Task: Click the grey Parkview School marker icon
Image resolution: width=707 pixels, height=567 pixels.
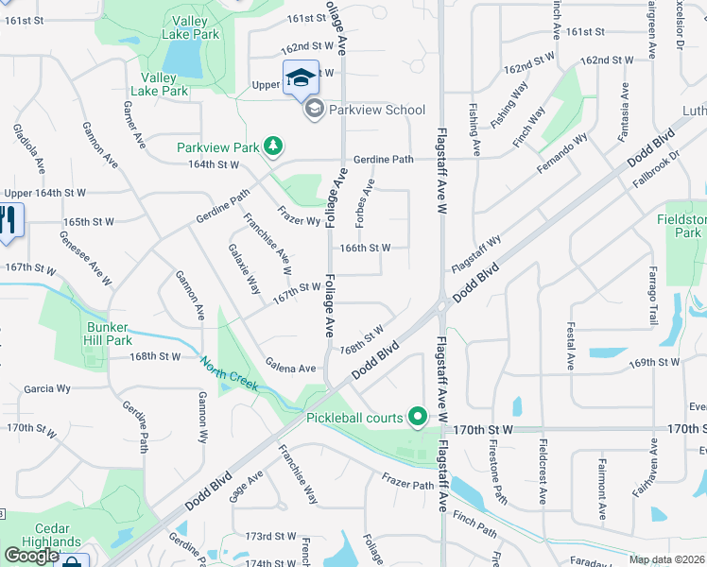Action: click(314, 111)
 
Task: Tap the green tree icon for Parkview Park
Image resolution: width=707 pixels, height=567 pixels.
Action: click(273, 146)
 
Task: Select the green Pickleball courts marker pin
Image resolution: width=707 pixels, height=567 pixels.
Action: click(416, 416)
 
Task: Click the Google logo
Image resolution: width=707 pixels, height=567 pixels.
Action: click(31, 555)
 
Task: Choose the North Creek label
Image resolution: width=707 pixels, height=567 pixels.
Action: click(230, 370)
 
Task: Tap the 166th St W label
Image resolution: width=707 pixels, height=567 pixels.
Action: click(365, 248)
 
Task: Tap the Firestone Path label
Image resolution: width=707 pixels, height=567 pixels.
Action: click(496, 475)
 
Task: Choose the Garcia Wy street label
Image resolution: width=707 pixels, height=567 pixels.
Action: click(47, 388)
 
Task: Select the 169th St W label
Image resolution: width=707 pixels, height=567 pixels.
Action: click(655, 362)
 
